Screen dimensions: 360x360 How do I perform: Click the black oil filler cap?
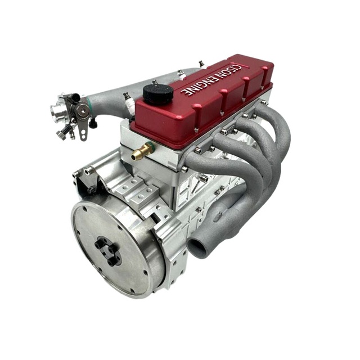pos(159,94)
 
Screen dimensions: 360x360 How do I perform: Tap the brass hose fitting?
pos(142,152)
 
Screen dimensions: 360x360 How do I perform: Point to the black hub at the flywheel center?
pos(108,251)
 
